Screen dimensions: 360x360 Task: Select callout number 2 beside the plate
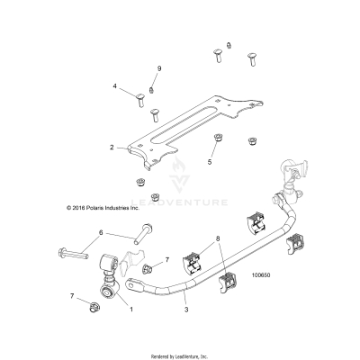click(x=111, y=147)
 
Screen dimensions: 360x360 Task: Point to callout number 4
click(x=114, y=86)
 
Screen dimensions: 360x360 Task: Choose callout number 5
click(x=210, y=162)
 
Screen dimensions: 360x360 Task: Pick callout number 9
click(x=159, y=68)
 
